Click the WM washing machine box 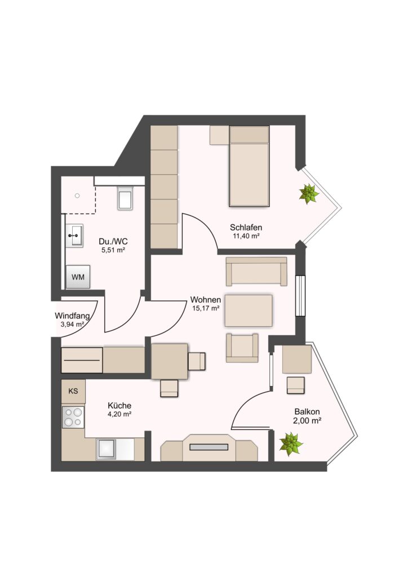78,277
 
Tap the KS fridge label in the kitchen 73,391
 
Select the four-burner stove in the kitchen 73,417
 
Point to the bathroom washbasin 75,236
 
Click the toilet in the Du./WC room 125,198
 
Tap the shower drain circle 77,196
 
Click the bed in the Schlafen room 249,166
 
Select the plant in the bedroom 309,194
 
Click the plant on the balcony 291,443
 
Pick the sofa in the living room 256,271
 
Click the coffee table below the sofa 249,310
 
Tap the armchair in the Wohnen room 242,348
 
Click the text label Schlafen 246,228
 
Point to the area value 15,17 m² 206,308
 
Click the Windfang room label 72,316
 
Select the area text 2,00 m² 307,420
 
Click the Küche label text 119,406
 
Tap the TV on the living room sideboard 209,447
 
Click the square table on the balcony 297,359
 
